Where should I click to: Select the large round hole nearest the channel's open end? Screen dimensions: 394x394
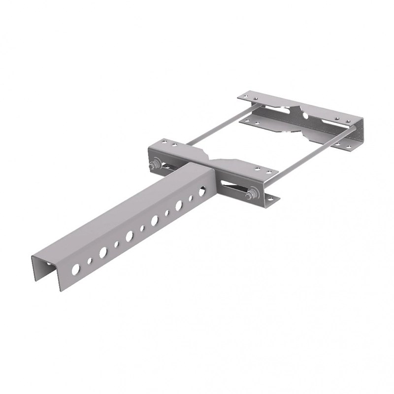click(76, 269)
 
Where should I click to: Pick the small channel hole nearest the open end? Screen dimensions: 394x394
click(90, 261)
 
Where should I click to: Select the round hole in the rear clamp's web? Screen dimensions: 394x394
click(305, 116)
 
